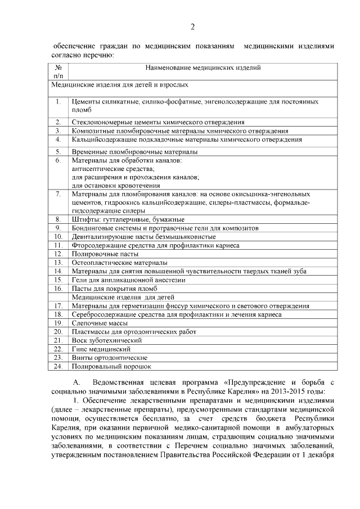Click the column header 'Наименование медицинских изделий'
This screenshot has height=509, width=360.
coord(202,68)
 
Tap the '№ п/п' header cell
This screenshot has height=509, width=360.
coord(58,71)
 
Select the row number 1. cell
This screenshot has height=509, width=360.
coord(58,102)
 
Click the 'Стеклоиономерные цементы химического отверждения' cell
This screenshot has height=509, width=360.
coord(158,121)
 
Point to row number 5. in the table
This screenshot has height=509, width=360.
coord(58,152)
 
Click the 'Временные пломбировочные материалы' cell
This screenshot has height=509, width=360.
coord(134,152)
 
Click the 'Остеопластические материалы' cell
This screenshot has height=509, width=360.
coord(119,263)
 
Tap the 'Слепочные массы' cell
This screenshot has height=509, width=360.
coord(100,323)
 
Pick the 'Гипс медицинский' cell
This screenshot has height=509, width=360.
coord(101,349)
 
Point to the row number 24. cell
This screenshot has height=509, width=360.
coord(58,366)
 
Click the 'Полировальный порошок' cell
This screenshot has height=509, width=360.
coord(111,366)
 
